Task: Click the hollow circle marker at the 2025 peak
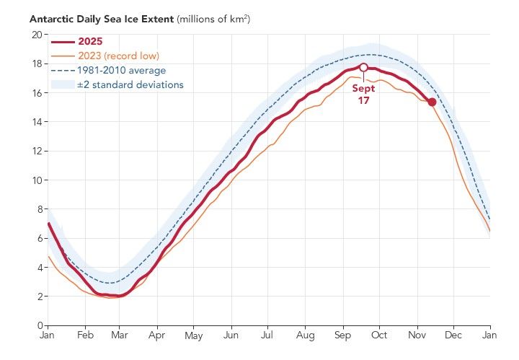click(363, 67)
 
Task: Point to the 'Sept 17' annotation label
click(363, 93)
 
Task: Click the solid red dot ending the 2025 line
click(432, 102)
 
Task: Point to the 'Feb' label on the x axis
click(84, 336)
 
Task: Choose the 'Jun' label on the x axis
click(231, 336)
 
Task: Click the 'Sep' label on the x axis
click(342, 336)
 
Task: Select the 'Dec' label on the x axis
click(453, 336)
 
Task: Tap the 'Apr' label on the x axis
click(156, 336)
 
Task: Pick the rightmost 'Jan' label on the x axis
click(490, 336)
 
